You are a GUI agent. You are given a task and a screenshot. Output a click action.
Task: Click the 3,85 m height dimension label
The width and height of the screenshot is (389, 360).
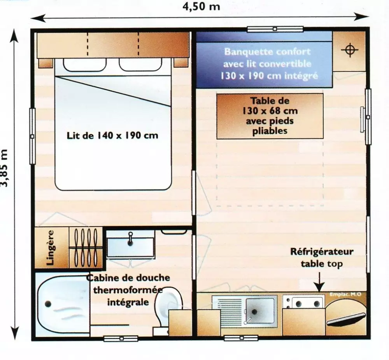coord(5,168)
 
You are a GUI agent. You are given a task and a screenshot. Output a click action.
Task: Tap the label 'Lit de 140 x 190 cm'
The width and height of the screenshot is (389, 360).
coord(113,136)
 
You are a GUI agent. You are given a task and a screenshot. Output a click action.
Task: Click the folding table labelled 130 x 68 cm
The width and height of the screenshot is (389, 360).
coord(270,116)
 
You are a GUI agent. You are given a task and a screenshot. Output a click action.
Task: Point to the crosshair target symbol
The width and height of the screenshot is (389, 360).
coord(349,51)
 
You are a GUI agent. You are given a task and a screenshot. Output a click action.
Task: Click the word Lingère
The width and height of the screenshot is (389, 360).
coord(50,247)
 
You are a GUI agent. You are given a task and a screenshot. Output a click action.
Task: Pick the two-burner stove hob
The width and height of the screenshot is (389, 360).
coord(303,302)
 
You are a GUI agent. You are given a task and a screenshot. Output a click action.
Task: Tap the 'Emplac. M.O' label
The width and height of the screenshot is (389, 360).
coord(345,294)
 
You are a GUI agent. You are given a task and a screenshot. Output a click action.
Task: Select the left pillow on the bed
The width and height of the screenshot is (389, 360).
coord(77,65)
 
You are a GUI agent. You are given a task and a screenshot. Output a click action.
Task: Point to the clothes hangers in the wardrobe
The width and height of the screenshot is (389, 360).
coord(85,247)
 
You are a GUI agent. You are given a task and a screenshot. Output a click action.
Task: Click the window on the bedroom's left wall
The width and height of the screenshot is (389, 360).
coord(32,136)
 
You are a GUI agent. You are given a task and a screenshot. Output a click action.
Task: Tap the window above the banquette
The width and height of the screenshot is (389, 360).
coord(275,29)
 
